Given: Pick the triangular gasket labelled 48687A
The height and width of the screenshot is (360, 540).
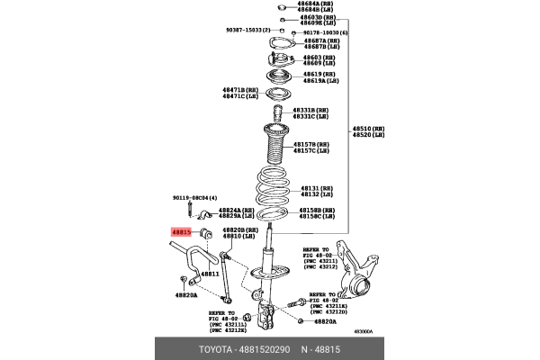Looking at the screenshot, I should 282,45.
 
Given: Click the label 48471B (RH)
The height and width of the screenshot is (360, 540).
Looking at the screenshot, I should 240,90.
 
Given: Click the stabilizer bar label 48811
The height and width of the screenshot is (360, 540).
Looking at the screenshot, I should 210,273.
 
